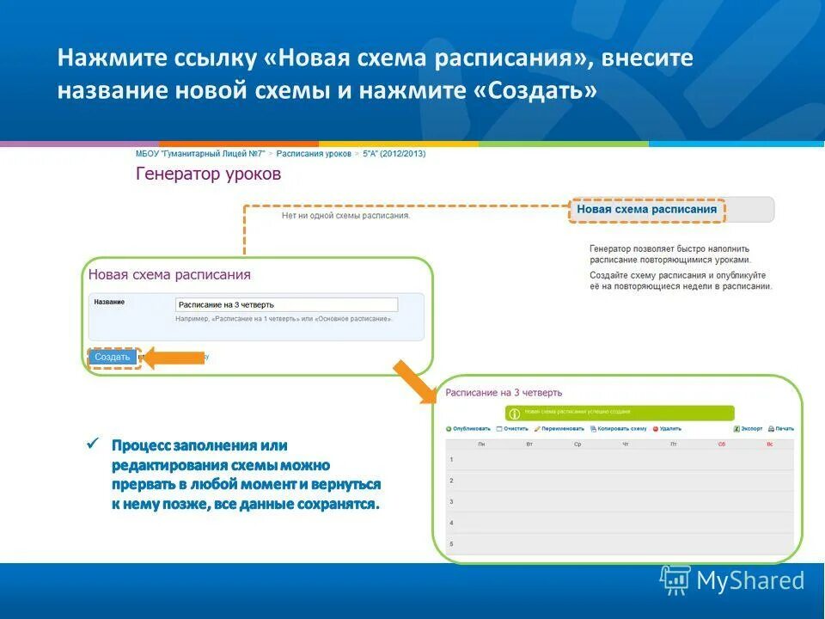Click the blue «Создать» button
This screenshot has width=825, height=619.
pos(113,357)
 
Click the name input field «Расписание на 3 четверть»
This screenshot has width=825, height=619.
pos(286,304)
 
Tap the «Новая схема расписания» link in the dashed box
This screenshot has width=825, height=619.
pos(646,209)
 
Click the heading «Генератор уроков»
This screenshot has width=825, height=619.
pos(208,174)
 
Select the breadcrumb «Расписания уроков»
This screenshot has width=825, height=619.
pos(314,154)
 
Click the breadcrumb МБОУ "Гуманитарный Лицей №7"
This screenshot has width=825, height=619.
pos(202,154)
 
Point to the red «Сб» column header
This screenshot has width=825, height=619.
pos(722,444)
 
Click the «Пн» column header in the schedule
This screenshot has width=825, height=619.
pos(481,444)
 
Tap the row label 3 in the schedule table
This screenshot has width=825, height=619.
pos(451,501)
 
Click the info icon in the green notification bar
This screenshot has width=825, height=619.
pos(515,414)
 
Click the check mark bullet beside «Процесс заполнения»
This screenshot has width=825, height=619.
pos(93,444)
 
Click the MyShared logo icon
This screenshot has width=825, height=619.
pos(675,580)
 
